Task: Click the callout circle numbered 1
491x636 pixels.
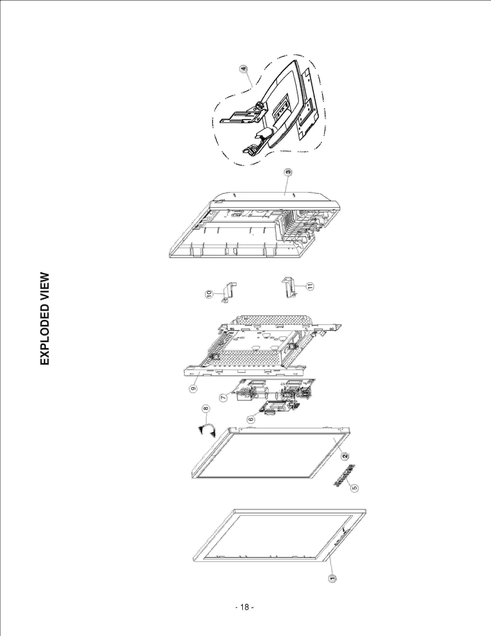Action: tap(332, 578)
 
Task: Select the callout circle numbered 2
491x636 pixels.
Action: tap(345, 456)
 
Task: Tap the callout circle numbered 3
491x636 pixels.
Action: tap(288, 172)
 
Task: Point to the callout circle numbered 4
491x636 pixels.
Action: tap(243, 69)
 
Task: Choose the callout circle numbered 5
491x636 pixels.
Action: tap(354, 488)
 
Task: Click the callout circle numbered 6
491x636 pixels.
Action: tap(251, 419)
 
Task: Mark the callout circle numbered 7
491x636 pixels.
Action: tap(223, 397)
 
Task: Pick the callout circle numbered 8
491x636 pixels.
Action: tap(206, 408)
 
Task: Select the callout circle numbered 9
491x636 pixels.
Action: tap(193, 388)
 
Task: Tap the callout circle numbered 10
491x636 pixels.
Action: tap(209, 294)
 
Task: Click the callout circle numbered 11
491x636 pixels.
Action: tap(311, 287)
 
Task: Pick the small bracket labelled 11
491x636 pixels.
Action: tap(289, 286)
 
